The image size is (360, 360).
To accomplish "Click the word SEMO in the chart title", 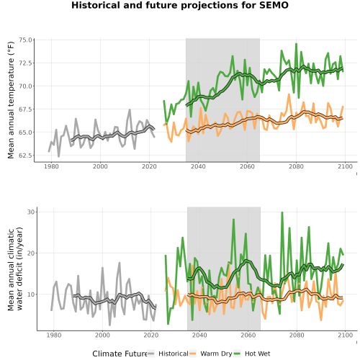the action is (x=274, y=5).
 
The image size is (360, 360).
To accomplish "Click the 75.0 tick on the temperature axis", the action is (x=25, y=40).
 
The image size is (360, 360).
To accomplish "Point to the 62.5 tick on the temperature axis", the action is (x=25, y=156).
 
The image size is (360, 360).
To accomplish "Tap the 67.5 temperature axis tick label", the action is (x=25, y=109).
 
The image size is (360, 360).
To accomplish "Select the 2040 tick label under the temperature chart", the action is (x=198, y=166).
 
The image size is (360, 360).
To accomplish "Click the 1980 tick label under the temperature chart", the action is (x=51, y=166).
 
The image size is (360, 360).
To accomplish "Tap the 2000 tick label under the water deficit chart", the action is (x=102, y=335).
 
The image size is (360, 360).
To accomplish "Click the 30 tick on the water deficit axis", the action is (x=31, y=212).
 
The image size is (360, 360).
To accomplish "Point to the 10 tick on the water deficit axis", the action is (x=31, y=294).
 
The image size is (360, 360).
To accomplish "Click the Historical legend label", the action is (x=174, y=354).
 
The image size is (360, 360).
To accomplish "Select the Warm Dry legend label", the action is (x=216, y=354).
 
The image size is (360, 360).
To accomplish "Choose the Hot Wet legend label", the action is (x=258, y=354).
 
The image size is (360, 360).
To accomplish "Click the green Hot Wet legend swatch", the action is (x=237, y=354).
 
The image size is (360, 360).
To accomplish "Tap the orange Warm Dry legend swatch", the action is (x=193, y=354).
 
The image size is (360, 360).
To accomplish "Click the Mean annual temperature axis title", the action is (x=11, y=100).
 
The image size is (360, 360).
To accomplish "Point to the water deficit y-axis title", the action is (x=15, y=269).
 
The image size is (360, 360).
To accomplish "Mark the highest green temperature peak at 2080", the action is (x=296, y=44).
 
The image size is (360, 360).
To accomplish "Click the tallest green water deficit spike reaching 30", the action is (x=282, y=212).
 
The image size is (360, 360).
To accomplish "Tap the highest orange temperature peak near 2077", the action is (x=289, y=94).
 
